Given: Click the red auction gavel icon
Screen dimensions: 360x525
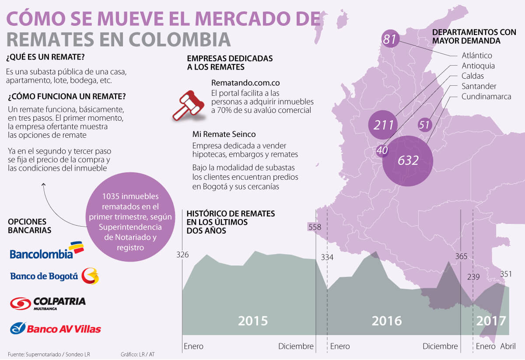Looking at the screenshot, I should [188, 105].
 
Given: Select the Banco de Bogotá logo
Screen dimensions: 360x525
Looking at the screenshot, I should [54, 276].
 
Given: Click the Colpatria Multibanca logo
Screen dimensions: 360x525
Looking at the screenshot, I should [48, 303].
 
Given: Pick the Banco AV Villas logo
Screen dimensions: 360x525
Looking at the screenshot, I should [55, 328].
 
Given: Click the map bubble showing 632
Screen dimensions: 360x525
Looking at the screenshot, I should [408, 161].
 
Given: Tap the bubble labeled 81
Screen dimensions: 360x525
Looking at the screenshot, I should [389, 39].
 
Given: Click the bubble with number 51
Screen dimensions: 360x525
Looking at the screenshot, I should [424, 125].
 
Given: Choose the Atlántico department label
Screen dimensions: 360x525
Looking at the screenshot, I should [477, 56].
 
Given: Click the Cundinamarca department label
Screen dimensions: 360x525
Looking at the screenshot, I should [486, 96].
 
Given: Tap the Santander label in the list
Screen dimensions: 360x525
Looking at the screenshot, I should [479, 86].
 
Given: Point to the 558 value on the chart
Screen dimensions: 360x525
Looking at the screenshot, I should [315, 227].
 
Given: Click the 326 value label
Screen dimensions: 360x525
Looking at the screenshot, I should [182, 255].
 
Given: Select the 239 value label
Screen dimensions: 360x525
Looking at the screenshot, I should [473, 277].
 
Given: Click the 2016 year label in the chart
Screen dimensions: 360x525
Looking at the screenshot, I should [387, 321].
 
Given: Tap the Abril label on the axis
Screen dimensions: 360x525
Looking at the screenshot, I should [507, 346].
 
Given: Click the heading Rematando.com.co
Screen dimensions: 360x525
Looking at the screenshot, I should [245, 83].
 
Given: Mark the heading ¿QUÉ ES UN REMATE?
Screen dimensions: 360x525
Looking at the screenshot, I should [45, 57].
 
